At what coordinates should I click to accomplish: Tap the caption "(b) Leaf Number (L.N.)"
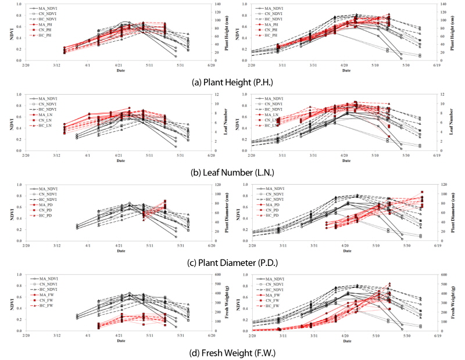(x=232, y=171)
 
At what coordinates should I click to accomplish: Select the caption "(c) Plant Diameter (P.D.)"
(x=232, y=262)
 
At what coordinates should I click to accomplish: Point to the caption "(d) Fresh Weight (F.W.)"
(x=232, y=352)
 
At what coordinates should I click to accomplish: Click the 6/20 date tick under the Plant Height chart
(x=212, y=66)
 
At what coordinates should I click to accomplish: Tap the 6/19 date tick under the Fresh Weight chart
(x=438, y=336)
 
